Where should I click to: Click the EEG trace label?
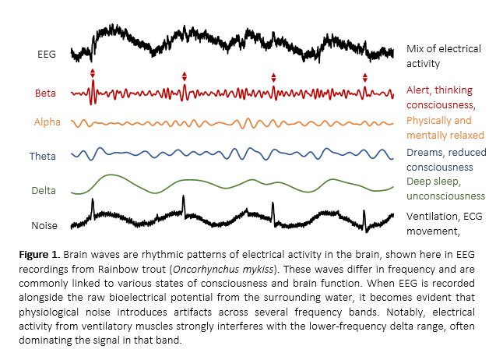[46, 55]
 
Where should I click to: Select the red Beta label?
[44, 94]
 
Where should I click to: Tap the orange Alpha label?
[47, 122]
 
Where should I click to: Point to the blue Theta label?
[43, 156]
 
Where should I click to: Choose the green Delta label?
[44, 190]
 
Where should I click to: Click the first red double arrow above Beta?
[93, 74]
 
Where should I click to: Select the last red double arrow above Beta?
[364, 77]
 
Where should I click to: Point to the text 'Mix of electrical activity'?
[443, 56]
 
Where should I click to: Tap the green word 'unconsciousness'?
[445, 196]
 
